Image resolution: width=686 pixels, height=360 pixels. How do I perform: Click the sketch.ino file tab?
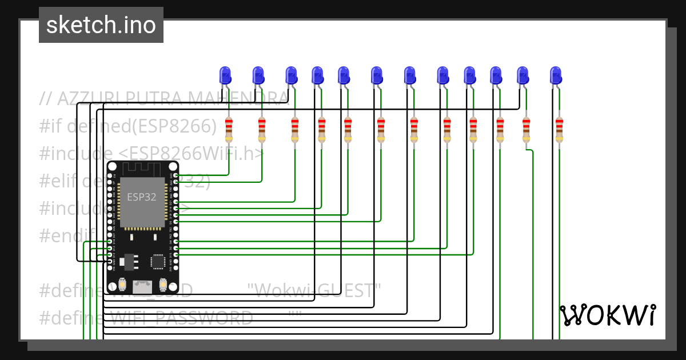tap(101, 25)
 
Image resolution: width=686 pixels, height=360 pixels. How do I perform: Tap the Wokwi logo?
tap(607, 315)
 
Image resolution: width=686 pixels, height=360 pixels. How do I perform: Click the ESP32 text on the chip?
tap(142, 198)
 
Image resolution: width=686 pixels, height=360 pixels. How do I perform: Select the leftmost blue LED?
tap(225, 75)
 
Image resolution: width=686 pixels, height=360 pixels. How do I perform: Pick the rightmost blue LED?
tap(556, 75)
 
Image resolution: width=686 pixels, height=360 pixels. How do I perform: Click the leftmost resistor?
tap(229, 130)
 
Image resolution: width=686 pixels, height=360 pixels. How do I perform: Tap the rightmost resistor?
tap(559, 130)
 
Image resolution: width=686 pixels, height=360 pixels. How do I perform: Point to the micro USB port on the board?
tap(142, 286)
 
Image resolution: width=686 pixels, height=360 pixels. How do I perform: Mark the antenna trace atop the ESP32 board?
tap(142, 167)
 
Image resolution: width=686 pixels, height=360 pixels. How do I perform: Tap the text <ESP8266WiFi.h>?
tap(192, 154)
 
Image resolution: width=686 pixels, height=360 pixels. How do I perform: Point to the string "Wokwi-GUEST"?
tap(315, 290)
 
